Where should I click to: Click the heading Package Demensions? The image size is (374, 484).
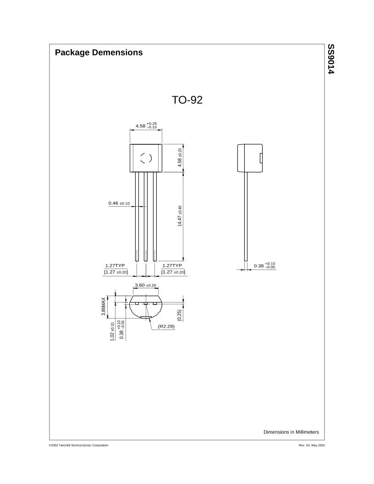[99, 52]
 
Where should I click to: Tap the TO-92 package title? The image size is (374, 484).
[187, 100]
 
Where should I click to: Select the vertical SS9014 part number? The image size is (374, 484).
[331, 59]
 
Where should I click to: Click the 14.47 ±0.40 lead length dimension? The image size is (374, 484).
[180, 216]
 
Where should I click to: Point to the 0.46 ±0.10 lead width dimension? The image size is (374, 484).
[119, 203]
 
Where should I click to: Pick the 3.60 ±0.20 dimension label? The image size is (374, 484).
[145, 285]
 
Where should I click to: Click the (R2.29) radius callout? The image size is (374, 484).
[166, 326]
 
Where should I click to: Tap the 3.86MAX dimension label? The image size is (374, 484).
[104, 306]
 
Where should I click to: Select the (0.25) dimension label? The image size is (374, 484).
[179, 315]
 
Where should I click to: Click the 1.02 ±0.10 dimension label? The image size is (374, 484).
[112, 331]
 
